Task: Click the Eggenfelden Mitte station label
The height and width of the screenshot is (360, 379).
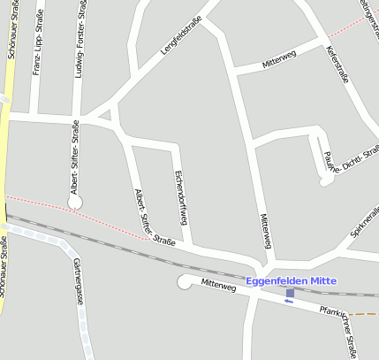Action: pos(292,281)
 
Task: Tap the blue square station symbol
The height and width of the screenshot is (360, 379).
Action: pos(291,293)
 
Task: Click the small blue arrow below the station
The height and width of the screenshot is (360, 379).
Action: pos(288,302)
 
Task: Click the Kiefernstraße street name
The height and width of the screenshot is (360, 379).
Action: pos(337,65)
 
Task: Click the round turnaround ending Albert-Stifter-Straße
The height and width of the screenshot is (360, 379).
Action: pos(74,202)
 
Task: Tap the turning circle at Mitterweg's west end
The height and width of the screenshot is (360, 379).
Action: pos(185,282)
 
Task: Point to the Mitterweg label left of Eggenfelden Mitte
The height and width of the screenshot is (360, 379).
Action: pos(218,286)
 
